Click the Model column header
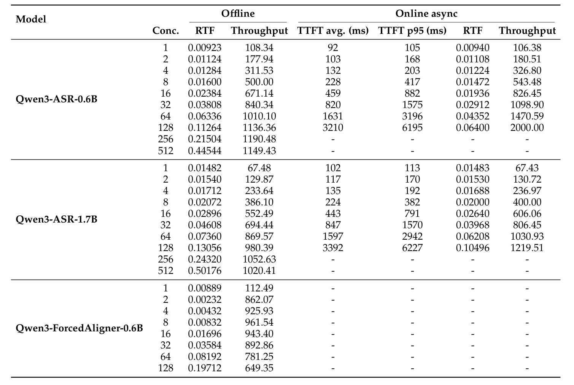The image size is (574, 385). coord(31,19)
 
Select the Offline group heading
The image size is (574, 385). coord(238,13)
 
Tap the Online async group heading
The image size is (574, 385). coord(426,14)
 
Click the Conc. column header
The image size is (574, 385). coord(165,31)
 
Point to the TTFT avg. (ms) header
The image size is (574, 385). coord(333,31)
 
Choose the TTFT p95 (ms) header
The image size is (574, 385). coord(412,31)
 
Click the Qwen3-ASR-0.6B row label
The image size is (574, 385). coord(56,99)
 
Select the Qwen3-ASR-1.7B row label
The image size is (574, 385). coord(56,220)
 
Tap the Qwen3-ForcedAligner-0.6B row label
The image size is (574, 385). coord(79,328)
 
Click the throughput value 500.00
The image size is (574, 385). coord(259,82)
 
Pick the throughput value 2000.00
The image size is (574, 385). coord(527,128)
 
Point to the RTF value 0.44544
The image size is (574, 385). coord(205,151)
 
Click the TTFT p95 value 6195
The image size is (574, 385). coord(412,128)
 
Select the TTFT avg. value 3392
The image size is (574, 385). coord(332,248)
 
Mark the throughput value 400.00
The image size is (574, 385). coord(527,202)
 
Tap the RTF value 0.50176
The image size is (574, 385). coord(205,271)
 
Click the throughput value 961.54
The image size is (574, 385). coord(259,323)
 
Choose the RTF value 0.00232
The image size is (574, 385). coord(205,300)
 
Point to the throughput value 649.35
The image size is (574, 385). coord(259,368)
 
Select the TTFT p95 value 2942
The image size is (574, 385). coord(412,237)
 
